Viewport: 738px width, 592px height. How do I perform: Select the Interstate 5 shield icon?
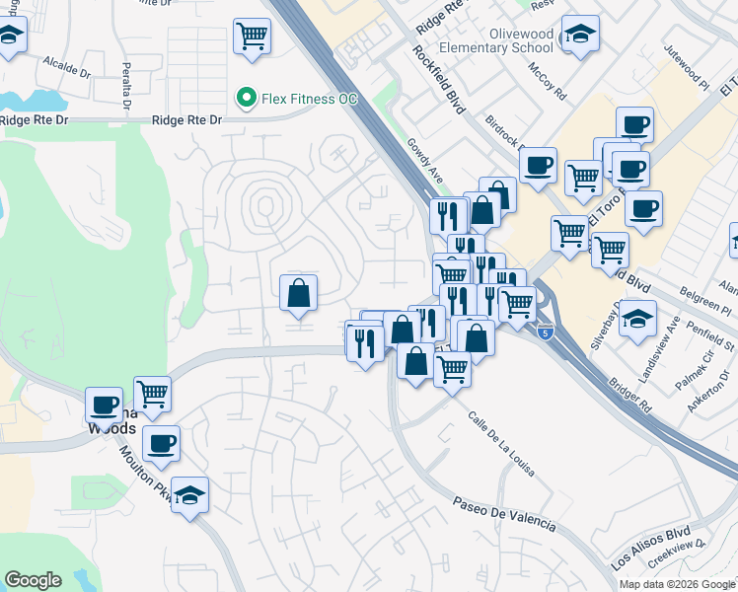tap(544, 333)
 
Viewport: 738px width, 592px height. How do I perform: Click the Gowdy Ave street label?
tap(423, 161)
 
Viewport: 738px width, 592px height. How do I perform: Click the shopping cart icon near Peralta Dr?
tap(253, 37)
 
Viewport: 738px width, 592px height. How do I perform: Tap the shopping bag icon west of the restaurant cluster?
tap(298, 293)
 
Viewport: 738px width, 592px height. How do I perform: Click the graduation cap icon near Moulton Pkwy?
tap(190, 494)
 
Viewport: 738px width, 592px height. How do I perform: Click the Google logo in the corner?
tap(33, 580)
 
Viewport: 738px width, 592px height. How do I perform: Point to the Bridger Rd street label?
tap(631, 394)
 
